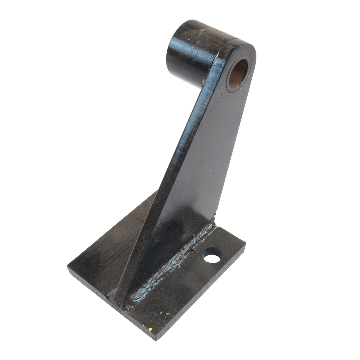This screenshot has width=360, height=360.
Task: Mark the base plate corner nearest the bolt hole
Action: tap(245, 244)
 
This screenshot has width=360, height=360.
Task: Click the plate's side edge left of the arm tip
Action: tap(93, 290)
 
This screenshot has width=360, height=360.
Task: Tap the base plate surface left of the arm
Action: tap(112, 247)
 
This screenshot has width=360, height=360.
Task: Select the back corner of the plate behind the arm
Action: tap(157, 192)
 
